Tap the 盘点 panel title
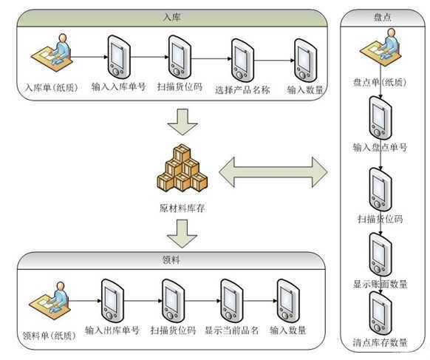(x=380, y=19)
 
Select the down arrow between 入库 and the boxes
(x=182, y=120)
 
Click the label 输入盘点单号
(x=380, y=147)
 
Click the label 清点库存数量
(x=380, y=342)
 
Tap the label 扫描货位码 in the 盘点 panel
(x=380, y=218)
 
